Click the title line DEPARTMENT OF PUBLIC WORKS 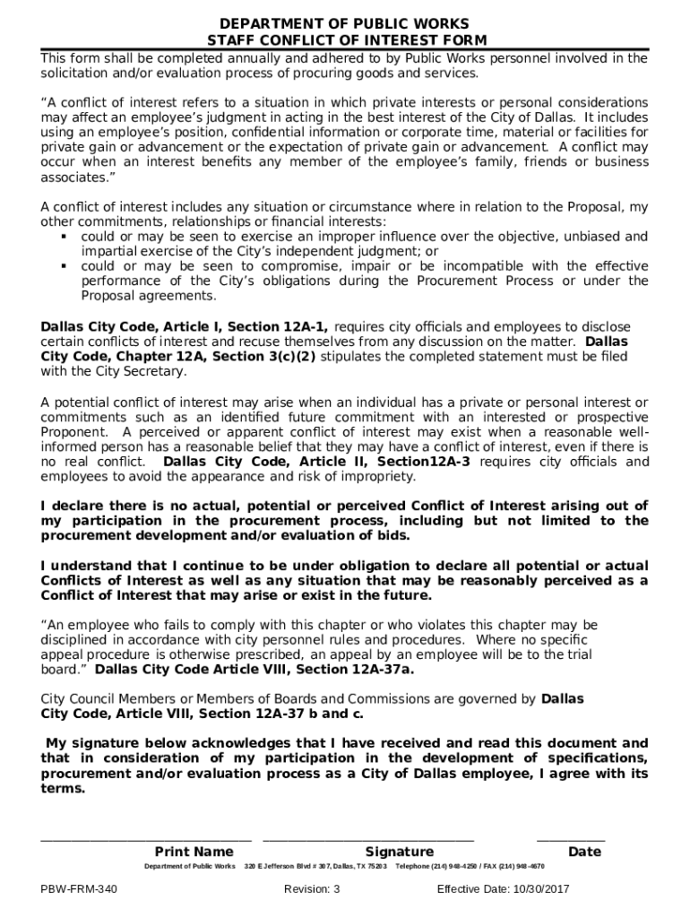pyautogui.click(x=345, y=22)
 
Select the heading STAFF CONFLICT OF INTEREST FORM pyautogui.click(x=345, y=40)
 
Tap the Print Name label pyautogui.click(x=194, y=852)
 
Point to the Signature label pyautogui.click(x=399, y=852)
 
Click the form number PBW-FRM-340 pyautogui.click(x=79, y=889)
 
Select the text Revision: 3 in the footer pyautogui.click(x=312, y=889)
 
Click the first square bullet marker pyautogui.click(x=65, y=237)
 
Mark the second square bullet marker pyautogui.click(x=65, y=266)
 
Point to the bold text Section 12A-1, pyautogui.click(x=278, y=326)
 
